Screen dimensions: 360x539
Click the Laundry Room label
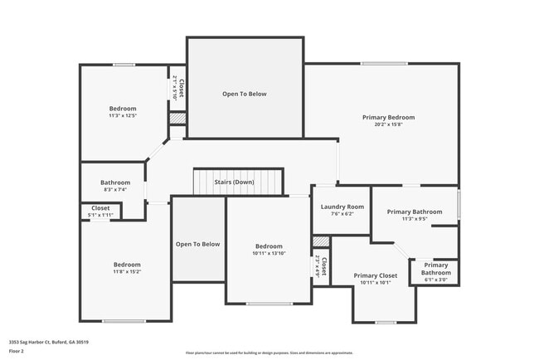point(342,207)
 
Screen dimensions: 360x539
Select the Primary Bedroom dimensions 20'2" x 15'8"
point(388,125)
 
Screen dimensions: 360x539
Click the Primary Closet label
point(375,275)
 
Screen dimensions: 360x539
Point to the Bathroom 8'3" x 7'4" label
point(115,182)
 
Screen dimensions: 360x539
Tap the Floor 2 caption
point(17,350)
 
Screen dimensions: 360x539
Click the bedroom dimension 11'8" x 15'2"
point(127,271)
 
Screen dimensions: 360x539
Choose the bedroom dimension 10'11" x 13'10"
point(269,254)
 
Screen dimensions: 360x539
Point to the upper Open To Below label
point(245,94)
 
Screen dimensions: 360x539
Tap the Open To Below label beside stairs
point(197,244)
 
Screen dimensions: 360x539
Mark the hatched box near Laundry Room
point(321,241)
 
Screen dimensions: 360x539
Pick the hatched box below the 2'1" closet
point(177,119)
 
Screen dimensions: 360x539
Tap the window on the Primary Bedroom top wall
point(383,64)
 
